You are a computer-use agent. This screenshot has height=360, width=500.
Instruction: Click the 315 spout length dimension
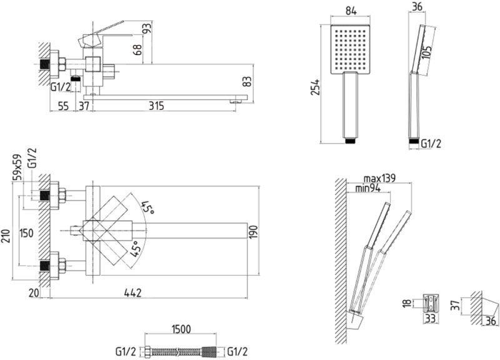click(x=156, y=106)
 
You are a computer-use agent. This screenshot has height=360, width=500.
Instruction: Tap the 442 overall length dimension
click(x=132, y=292)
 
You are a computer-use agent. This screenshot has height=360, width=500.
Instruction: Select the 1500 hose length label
click(x=181, y=329)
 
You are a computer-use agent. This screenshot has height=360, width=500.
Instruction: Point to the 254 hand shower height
click(x=316, y=87)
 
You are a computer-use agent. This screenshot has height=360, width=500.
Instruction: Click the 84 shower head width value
click(x=351, y=11)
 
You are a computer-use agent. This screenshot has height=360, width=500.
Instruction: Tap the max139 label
click(x=379, y=178)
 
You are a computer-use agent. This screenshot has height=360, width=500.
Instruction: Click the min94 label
click(x=368, y=189)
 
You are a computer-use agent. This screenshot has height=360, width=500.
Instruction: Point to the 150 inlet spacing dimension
click(x=26, y=233)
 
